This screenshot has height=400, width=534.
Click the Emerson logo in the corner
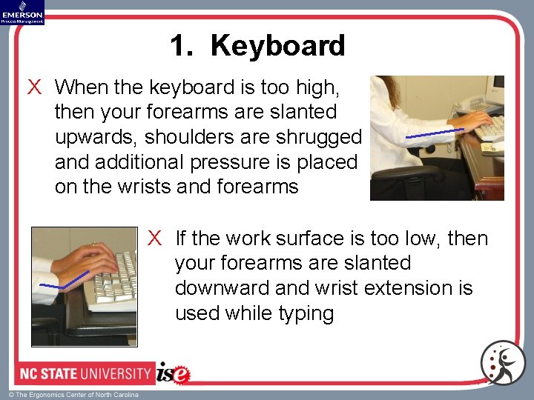click(22, 12)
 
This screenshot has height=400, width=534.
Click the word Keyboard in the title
click(277, 46)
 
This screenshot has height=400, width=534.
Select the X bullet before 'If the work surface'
click(154, 238)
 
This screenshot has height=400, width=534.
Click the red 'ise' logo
click(174, 373)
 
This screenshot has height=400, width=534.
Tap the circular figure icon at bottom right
click(502, 363)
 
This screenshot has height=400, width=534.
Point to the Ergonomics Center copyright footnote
click(73, 395)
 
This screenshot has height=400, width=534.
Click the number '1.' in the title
click(182, 46)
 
